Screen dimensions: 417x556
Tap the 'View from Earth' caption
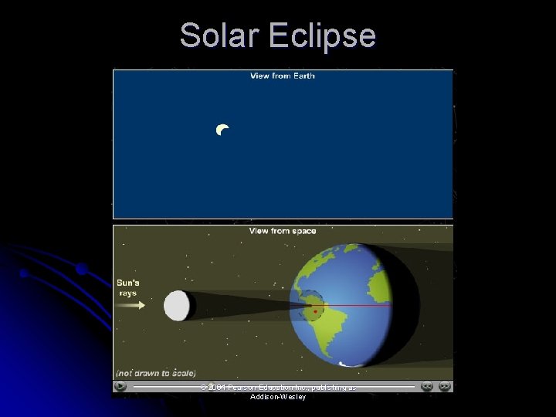tap(282, 76)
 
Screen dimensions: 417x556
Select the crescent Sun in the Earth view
tap(222, 130)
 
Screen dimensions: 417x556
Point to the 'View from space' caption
tap(282, 230)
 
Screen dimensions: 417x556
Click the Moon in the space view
tap(177, 306)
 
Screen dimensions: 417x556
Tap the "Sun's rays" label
tap(127, 287)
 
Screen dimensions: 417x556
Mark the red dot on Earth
tap(315, 311)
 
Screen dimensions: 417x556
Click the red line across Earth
tap(355, 306)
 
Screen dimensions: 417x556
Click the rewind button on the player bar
tap(426, 386)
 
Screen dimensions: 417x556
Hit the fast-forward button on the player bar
tap(444, 386)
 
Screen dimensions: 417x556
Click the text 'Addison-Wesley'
tap(278, 397)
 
